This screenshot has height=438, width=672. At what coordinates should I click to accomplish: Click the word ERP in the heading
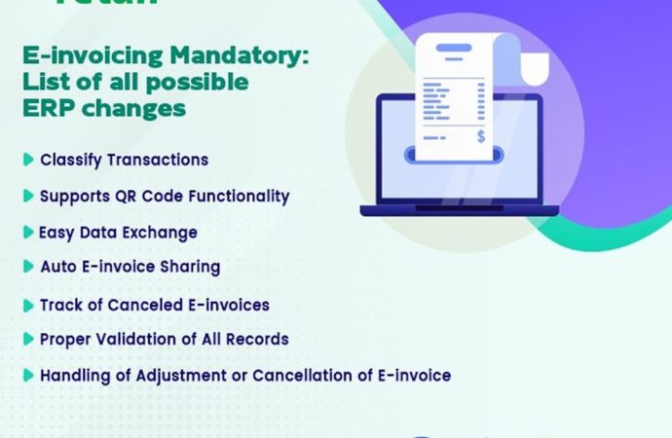47,108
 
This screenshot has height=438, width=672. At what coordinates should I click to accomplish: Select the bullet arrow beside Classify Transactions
28,160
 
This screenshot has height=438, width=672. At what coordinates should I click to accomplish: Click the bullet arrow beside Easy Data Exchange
28,233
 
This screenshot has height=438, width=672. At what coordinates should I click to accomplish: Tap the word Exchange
164,233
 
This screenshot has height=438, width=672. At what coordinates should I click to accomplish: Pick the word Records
258,339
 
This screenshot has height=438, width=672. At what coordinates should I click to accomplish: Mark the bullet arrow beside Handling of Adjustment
28,375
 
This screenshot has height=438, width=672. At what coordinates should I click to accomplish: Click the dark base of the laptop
459,209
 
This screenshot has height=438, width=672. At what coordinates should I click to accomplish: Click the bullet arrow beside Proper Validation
28,339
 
